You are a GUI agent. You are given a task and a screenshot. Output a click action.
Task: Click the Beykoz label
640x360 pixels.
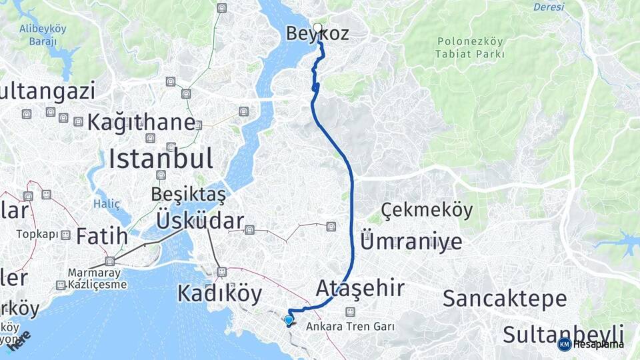(317, 34)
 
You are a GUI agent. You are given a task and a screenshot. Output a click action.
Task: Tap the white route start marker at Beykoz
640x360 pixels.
(318, 28)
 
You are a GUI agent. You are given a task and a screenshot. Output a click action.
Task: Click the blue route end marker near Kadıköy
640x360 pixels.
(289, 321)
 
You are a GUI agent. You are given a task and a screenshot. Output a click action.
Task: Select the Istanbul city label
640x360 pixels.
(161, 159)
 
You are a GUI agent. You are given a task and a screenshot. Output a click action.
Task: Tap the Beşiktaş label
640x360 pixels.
(189, 195)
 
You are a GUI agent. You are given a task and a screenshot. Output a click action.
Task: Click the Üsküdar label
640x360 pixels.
(200, 221)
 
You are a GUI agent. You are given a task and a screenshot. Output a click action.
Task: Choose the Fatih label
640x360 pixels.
(101, 236)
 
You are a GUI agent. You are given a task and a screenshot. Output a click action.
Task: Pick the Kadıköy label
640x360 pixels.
(219, 293)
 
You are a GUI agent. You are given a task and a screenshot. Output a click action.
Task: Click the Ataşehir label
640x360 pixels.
(360, 288)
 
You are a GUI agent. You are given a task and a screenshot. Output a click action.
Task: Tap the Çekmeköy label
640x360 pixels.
(427, 211)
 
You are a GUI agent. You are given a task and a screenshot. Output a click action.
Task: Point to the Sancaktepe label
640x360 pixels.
(505, 298)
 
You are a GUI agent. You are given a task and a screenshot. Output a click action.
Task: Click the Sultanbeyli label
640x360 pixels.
(563, 334)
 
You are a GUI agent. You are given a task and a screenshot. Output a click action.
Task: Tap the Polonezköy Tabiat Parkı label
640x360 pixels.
(470, 48)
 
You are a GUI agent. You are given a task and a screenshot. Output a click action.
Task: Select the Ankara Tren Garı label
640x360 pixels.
(351, 327)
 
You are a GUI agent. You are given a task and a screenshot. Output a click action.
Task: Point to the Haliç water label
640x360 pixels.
(107, 203)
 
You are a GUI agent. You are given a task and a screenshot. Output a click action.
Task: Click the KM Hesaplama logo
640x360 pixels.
(591, 344)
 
